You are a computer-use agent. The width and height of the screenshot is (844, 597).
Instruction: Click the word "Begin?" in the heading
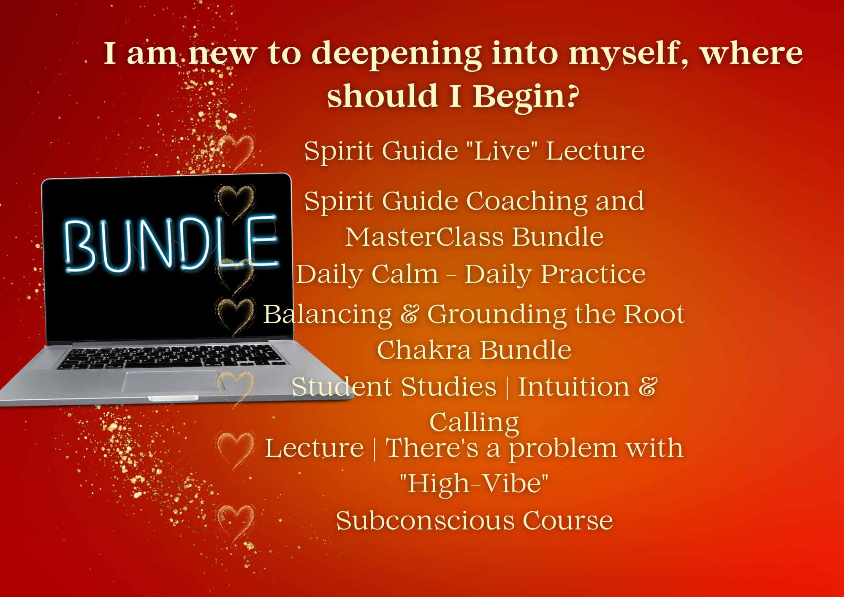[526, 96]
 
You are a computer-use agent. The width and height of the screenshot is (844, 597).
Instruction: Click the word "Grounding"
[497, 315]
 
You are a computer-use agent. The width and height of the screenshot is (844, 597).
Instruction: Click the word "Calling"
[474, 423]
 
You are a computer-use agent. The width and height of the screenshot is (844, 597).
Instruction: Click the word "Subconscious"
[425, 520]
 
